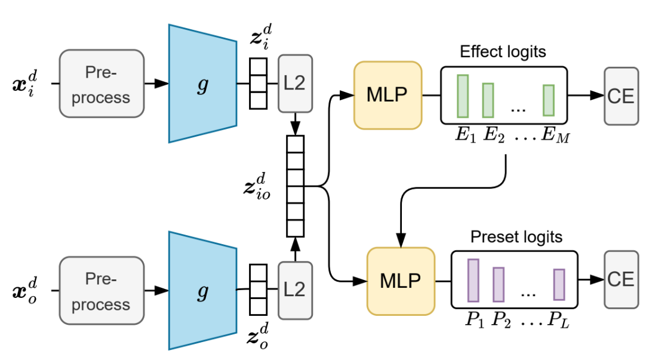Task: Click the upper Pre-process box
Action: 102,83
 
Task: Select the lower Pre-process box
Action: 102,291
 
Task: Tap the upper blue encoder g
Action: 202,83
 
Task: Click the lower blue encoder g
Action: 202,291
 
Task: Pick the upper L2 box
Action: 295,83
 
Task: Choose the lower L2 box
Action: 295,290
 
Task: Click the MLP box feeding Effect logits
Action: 387,95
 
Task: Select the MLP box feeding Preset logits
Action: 401,280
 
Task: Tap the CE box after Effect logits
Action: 621,96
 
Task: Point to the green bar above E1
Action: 463,96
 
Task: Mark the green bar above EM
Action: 549,99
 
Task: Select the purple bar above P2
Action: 499,284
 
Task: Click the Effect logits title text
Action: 503,51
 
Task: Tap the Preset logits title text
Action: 516,237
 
